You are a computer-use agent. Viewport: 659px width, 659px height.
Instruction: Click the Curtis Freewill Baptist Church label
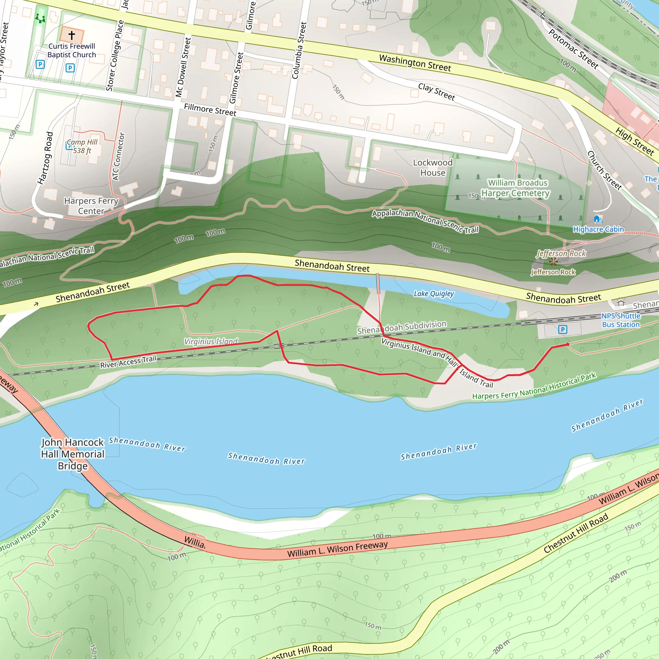click(72, 51)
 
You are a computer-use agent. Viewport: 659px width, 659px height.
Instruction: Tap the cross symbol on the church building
click(72, 35)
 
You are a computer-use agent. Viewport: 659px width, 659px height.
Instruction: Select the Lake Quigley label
click(433, 294)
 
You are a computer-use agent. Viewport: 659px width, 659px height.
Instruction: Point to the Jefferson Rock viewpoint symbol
click(553, 262)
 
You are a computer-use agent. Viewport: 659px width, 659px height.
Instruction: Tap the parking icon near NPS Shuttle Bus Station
click(562, 329)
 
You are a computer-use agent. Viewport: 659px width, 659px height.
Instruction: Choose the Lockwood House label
click(432, 167)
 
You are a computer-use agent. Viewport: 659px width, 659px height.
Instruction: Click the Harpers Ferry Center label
click(91, 206)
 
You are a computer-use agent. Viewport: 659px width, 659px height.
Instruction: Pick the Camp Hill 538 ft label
click(82, 146)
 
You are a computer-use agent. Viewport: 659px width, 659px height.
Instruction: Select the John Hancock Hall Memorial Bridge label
click(72, 454)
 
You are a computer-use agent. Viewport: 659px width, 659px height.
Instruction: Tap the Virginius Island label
click(211, 341)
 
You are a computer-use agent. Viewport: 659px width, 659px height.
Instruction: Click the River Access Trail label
click(128, 362)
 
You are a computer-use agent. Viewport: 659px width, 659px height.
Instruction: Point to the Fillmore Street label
click(210, 110)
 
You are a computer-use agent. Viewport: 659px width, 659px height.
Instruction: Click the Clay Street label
click(437, 92)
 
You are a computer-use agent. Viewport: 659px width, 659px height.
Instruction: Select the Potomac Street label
click(573, 49)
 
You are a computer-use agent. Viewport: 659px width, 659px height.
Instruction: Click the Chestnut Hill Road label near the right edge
click(576, 533)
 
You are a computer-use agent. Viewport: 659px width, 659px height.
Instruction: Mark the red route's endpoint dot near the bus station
click(568, 345)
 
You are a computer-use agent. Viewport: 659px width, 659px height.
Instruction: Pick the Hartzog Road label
click(45, 158)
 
